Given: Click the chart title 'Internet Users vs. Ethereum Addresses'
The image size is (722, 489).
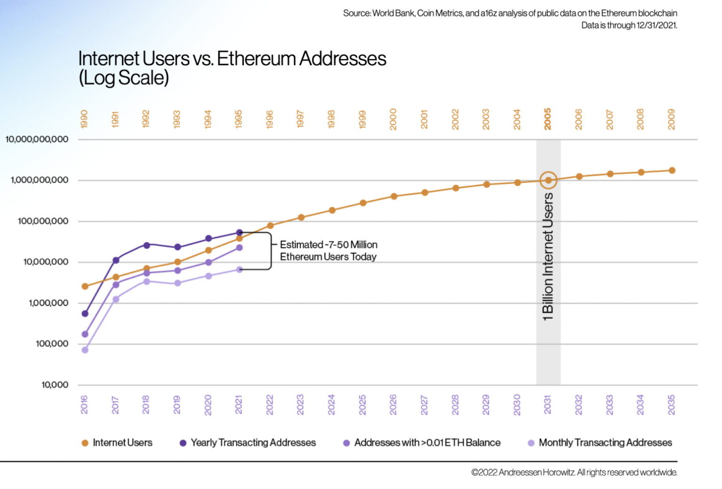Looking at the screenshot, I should (x=232, y=59).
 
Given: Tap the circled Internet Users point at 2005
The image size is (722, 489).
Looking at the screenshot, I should (x=548, y=180).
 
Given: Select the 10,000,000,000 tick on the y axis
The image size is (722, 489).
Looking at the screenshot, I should (x=37, y=139).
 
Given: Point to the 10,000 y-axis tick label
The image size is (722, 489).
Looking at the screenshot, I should (x=55, y=385).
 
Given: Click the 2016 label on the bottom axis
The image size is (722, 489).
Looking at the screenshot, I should (x=85, y=404).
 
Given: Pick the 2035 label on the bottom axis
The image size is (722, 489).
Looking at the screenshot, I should (x=671, y=404).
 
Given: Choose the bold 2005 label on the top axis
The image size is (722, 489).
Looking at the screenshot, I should (x=548, y=119).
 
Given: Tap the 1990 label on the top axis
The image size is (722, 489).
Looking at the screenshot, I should (x=85, y=119).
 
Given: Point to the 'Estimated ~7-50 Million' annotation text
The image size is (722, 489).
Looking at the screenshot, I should (x=329, y=245).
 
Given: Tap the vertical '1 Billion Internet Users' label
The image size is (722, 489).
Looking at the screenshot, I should (x=548, y=257).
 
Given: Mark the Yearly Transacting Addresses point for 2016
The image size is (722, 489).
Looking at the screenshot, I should (x=85, y=314).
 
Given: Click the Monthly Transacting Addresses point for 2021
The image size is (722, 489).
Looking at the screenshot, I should (x=239, y=269).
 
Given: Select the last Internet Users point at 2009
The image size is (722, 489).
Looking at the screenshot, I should (x=672, y=171).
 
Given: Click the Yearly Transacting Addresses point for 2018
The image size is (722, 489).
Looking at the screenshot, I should (x=147, y=245).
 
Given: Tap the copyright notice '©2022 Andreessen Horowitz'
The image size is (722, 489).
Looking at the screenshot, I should (x=574, y=472).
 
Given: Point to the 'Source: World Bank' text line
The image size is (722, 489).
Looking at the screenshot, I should (x=510, y=13).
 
